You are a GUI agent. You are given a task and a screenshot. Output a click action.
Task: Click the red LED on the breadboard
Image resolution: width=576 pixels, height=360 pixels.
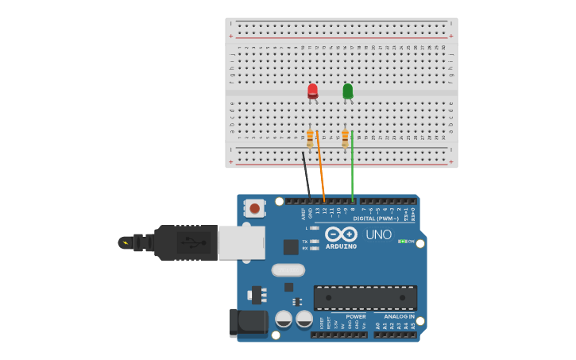[x=312, y=91]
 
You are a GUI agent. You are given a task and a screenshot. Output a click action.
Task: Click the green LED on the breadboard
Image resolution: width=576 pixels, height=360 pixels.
[x=347, y=91]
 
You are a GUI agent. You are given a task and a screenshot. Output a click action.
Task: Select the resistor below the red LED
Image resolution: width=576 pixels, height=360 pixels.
[x=310, y=138]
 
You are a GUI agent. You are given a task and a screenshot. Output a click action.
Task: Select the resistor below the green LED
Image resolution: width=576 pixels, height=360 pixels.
[x=345, y=138]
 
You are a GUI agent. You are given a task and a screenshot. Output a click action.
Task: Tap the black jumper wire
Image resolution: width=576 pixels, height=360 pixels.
[x=306, y=174]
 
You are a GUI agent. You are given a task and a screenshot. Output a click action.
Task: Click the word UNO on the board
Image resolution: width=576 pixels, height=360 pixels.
[x=378, y=234]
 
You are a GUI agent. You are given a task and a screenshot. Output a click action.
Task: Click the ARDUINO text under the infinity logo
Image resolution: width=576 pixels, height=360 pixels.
[x=341, y=246]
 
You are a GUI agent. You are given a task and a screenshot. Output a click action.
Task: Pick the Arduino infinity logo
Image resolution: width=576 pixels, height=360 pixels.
[x=341, y=234]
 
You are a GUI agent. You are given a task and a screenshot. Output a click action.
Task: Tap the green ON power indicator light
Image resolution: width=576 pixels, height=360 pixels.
[x=403, y=242]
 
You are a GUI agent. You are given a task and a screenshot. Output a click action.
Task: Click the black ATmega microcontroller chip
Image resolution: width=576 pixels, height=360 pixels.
[x=365, y=297]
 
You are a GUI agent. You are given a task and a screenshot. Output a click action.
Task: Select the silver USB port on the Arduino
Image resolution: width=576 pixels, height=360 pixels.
[x=242, y=242]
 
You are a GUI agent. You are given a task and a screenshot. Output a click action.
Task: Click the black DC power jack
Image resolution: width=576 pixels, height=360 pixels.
[x=248, y=322]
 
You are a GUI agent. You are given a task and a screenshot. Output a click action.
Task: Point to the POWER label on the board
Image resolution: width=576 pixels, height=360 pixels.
[x=356, y=316]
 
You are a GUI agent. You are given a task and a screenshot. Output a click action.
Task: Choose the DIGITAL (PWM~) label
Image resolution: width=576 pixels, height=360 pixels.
[x=376, y=219]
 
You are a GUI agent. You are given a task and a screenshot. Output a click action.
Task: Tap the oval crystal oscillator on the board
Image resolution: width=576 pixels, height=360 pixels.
[x=288, y=270]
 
